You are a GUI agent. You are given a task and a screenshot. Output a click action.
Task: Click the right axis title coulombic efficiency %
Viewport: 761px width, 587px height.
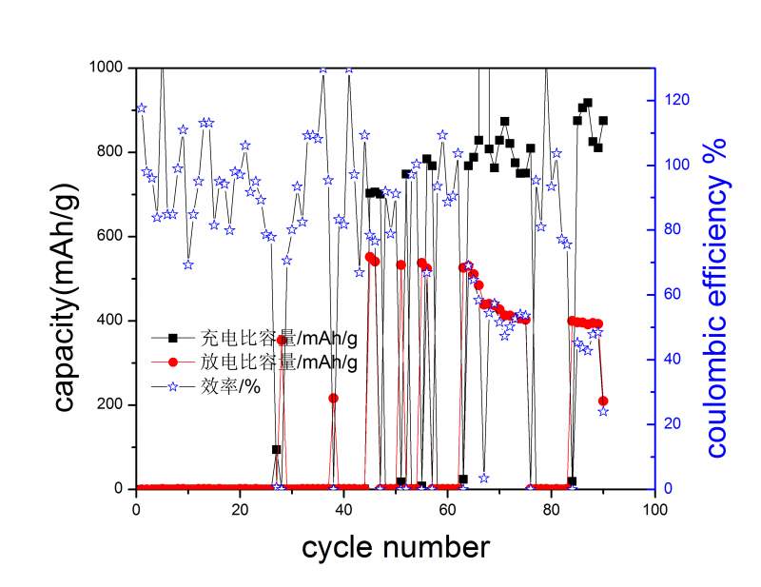click(715, 295)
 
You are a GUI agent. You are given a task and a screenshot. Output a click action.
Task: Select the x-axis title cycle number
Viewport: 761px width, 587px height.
click(397, 547)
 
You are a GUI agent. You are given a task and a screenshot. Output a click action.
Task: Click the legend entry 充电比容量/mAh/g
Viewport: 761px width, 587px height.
click(278, 337)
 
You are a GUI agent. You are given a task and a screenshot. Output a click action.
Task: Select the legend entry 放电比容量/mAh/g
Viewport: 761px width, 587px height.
click(278, 362)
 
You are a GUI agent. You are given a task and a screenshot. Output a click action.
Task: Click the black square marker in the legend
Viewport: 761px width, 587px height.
click(172, 337)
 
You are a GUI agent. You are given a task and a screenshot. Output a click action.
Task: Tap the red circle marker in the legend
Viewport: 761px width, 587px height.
click(172, 362)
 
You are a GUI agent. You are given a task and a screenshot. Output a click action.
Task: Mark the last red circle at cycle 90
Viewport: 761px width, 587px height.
click(603, 401)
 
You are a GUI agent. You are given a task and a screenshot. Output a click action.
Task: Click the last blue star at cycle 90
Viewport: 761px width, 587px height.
click(603, 411)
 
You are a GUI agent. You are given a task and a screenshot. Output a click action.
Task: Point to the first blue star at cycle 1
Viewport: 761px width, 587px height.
click(142, 108)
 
